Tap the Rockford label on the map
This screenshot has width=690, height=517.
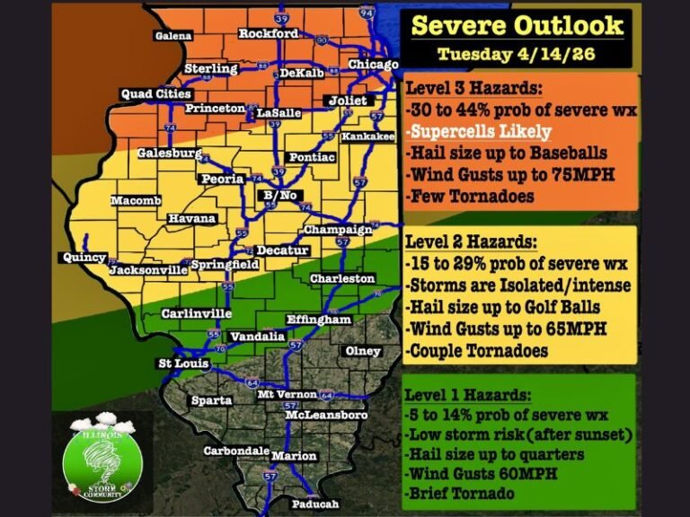268,34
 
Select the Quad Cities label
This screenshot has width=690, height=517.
155,94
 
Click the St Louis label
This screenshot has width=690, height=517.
183,364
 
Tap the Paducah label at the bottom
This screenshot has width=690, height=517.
314,504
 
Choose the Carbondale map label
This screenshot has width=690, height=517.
236,451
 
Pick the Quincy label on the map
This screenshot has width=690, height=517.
84,257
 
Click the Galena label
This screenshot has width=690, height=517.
173,36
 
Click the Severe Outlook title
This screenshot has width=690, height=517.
517,25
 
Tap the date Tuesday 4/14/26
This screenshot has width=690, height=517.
517,54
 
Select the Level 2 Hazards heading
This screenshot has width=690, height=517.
472,242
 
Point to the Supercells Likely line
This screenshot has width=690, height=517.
481,131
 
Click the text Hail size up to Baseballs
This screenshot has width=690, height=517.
505,153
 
